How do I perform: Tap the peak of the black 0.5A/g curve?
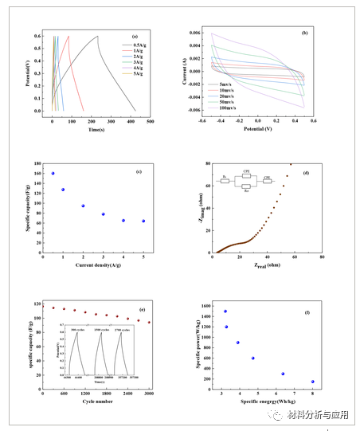point(97,36)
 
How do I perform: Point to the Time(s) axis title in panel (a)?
point(97,128)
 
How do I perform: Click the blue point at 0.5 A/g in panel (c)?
point(53,173)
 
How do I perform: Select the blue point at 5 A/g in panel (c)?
point(143,221)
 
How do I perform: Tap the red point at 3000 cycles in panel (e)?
point(149,323)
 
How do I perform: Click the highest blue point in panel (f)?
point(225,311)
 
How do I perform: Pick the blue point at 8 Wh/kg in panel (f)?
point(312,382)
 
